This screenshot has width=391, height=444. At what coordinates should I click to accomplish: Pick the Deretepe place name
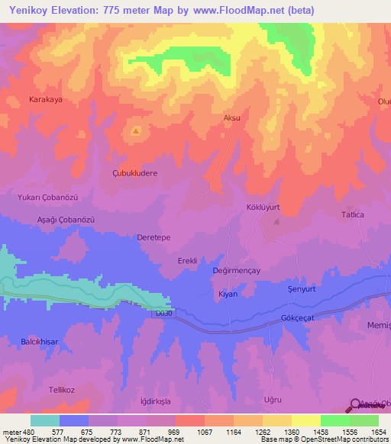153,237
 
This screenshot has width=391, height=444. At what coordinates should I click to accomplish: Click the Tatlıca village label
352,215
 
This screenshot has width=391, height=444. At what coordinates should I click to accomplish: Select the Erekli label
187,261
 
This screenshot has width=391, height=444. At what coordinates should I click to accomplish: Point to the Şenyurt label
301,289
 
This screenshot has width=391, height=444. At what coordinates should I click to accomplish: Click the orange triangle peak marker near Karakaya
136,130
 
